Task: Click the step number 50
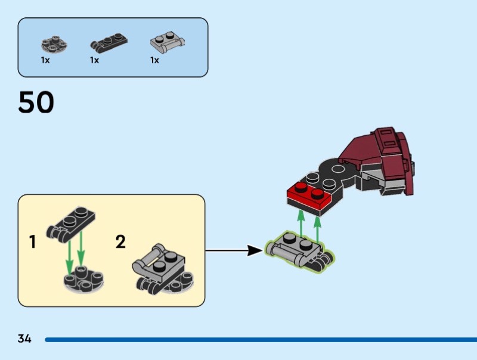coord(36,103)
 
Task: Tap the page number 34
coord(24,339)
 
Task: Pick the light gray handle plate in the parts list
coord(166,44)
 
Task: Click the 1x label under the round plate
coord(45,60)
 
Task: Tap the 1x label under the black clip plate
coord(94,60)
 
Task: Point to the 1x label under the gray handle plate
coord(154,60)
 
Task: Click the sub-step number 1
coord(32,243)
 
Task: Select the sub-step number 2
coord(120,242)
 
